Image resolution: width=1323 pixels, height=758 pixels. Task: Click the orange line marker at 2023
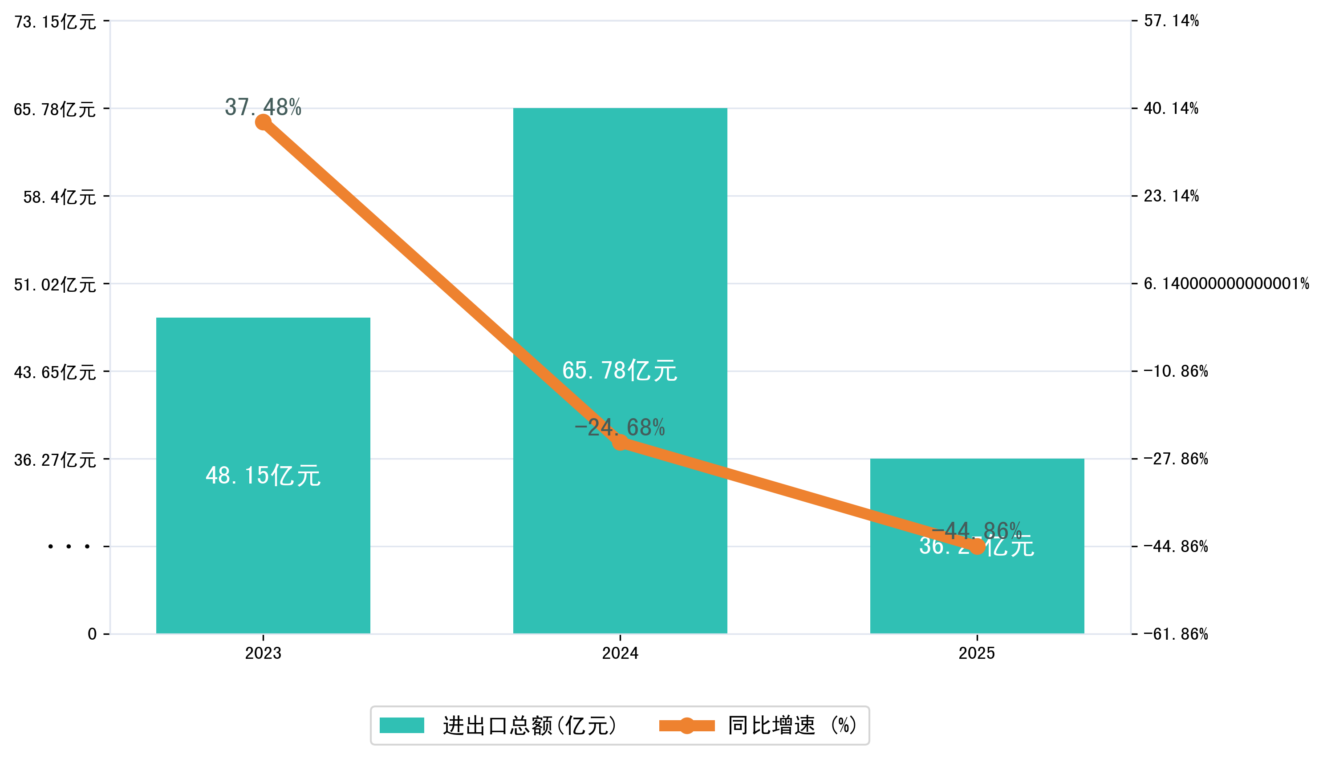263,122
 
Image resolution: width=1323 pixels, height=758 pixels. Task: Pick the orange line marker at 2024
620,443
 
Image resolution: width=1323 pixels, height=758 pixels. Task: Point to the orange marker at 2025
977,547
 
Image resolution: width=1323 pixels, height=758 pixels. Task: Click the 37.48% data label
263,107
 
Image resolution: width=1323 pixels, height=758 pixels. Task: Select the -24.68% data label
619,427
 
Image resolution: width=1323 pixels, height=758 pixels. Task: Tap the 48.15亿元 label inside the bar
263,476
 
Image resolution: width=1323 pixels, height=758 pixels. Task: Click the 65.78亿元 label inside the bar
619,371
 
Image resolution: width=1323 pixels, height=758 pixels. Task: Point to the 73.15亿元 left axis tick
55,22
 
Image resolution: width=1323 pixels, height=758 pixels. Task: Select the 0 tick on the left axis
92,634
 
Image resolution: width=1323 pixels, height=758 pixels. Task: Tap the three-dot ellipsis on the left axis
69,547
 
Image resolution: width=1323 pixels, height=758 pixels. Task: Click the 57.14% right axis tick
1171,21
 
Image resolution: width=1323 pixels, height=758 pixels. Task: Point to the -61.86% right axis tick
1176,634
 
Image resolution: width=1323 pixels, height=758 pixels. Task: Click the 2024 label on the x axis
620,653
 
